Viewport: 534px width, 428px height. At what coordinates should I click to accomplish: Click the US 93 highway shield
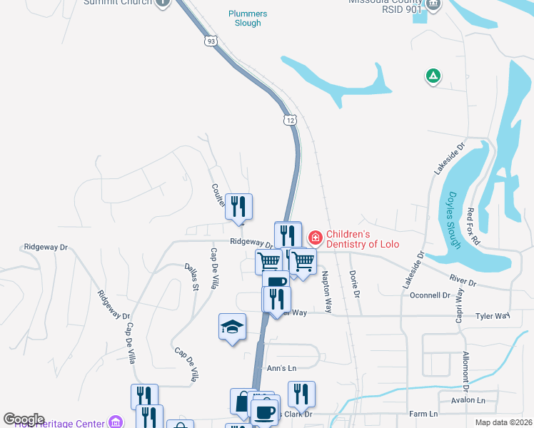click(210, 41)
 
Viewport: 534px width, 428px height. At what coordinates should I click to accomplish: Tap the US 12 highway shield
click(289, 120)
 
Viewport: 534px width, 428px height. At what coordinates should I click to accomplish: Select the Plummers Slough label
click(248, 19)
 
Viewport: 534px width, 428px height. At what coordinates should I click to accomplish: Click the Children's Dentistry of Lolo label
click(362, 239)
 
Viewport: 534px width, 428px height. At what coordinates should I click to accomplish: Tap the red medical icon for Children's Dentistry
click(315, 237)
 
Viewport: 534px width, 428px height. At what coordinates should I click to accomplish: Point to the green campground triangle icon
click(433, 75)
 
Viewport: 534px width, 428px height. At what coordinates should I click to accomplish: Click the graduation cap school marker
click(232, 327)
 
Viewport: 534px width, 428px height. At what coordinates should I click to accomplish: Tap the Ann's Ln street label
click(281, 368)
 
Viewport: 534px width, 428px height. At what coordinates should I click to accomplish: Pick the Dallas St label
click(191, 277)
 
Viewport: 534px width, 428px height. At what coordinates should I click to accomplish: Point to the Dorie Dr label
click(355, 279)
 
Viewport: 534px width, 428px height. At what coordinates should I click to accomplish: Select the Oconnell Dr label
click(431, 295)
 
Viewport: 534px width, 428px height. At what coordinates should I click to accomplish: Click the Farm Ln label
click(423, 414)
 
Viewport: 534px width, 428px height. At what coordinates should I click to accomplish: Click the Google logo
click(24, 419)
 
